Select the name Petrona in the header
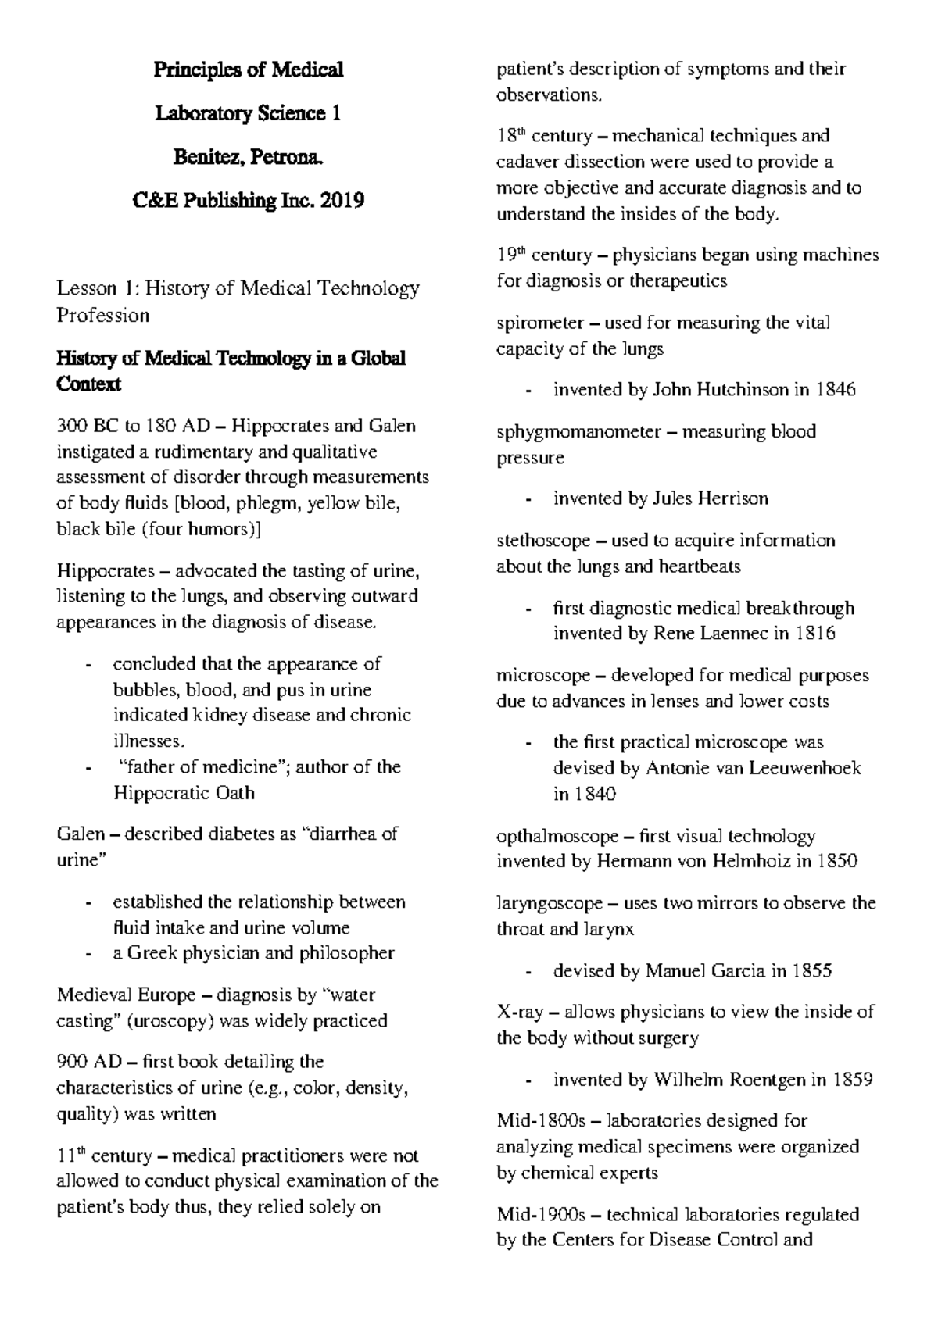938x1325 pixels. pos(291,158)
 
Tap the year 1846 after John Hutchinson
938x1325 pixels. pos(835,389)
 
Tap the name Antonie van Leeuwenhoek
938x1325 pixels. pos(754,768)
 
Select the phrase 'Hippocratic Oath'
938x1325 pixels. pos(184,793)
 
